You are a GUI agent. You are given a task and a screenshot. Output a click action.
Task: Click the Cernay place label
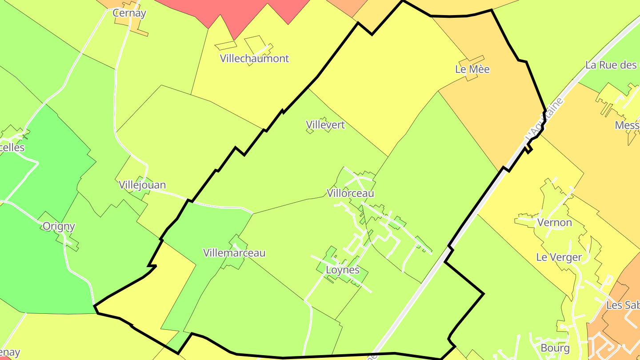129,13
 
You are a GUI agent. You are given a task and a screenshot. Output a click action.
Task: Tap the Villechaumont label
254,58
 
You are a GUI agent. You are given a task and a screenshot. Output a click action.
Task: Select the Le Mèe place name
472,69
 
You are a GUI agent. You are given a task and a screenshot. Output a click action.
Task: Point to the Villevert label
325,125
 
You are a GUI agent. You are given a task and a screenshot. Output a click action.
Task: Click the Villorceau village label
350,193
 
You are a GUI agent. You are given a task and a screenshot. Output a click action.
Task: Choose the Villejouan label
142,185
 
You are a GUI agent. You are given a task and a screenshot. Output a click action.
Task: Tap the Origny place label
59,226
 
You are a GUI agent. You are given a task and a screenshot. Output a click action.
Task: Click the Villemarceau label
234,253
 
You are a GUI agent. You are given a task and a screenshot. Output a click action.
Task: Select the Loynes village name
343,270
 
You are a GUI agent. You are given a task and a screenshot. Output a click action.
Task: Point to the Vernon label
554,222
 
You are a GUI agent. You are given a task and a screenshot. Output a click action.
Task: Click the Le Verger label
559,257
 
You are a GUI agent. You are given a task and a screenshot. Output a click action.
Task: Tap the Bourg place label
555,348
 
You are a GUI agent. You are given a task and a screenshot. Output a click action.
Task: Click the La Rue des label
611,65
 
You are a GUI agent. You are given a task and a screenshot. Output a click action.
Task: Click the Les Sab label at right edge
623,305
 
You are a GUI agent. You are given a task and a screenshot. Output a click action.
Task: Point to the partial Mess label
627,125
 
